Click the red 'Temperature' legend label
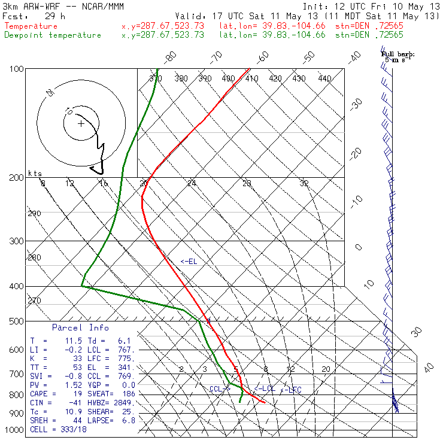click(31, 26)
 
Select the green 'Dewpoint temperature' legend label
click(53, 35)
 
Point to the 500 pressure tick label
click(17, 321)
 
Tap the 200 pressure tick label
click(17, 177)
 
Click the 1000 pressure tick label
click(15, 430)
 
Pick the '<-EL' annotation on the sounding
click(189, 262)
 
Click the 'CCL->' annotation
click(220, 389)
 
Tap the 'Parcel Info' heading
click(81, 327)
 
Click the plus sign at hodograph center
click(81, 124)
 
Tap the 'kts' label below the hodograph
click(35, 173)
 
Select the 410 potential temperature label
click(251, 78)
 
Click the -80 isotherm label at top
click(171, 57)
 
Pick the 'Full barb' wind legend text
click(398, 54)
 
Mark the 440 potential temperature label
click(324, 78)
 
